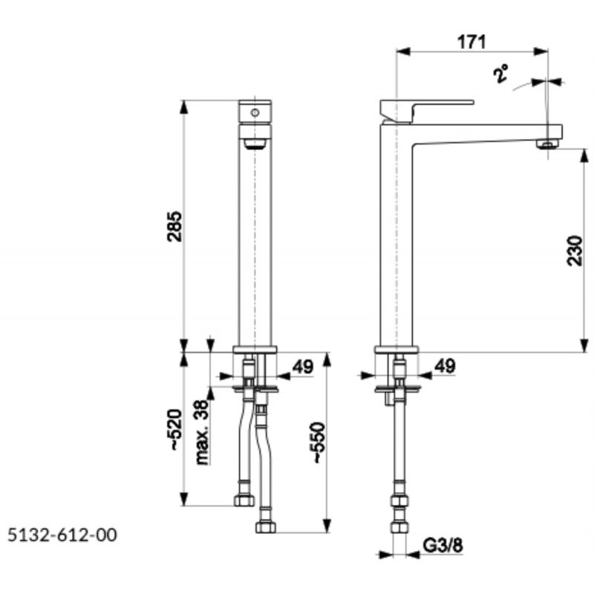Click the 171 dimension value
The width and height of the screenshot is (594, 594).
click(471, 42)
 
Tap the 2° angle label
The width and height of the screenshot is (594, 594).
click(500, 74)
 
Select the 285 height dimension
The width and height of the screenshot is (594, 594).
click(174, 226)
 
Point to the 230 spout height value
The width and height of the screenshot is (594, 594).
click(575, 251)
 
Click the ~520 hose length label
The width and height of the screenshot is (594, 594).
click(176, 430)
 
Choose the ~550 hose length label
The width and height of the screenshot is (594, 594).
click(318, 443)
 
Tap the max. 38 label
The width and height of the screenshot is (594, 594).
click(202, 432)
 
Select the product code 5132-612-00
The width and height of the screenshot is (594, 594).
click(62, 535)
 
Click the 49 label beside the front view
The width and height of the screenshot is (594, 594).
click(303, 366)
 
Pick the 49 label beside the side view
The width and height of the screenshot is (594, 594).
click(445, 366)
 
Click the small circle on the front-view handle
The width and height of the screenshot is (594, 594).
click(255, 113)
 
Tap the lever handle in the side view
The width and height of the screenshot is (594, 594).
click(426, 111)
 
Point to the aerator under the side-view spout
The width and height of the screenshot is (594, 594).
click(548, 143)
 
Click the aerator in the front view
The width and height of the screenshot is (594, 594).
click(255, 144)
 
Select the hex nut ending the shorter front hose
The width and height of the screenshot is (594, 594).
click(244, 500)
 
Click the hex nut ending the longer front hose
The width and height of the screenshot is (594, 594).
click(266, 527)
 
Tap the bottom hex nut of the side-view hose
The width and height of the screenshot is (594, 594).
click(399, 527)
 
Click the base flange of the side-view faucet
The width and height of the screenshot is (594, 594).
click(396, 349)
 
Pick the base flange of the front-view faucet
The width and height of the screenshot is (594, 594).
click(255, 349)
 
